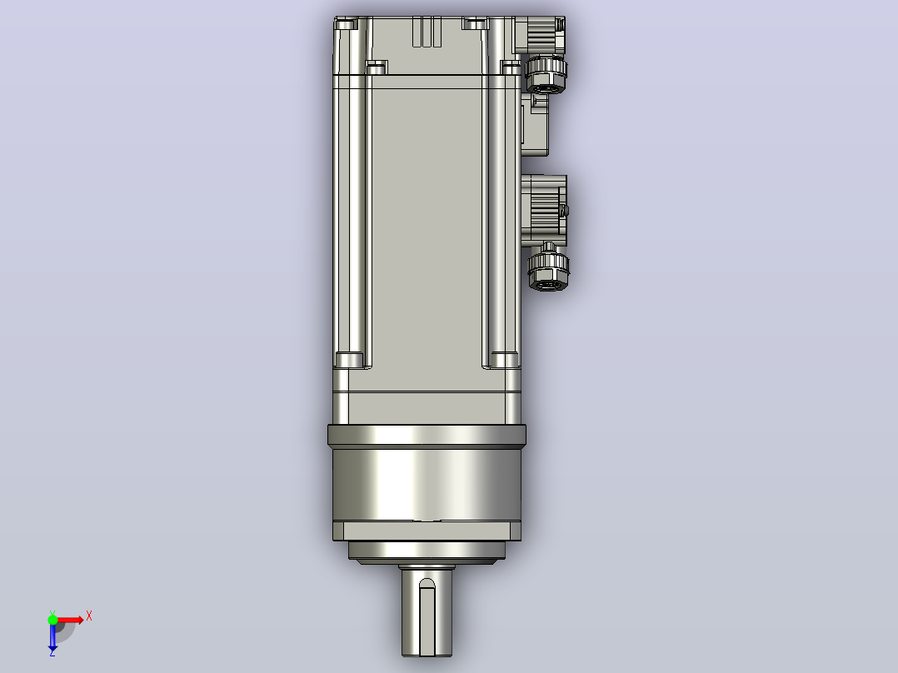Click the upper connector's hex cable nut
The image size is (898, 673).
coord(546,74)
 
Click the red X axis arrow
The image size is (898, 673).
coord(68,621)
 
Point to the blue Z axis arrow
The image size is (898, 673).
coord(52,637)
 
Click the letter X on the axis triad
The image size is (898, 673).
coord(89,616)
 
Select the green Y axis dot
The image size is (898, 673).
coord(52,620)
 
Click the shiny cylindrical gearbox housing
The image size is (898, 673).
coord(427,485)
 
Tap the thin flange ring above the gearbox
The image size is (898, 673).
coord(427,436)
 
